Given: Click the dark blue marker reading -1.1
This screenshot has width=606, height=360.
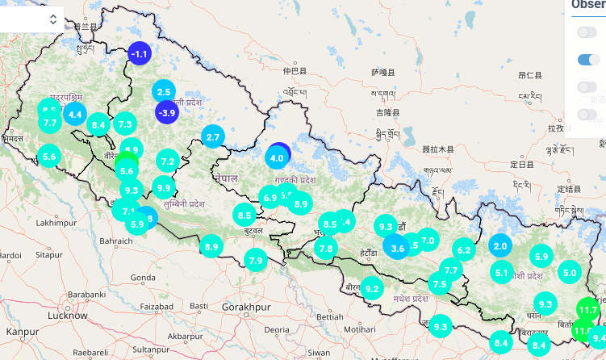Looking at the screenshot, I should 140,54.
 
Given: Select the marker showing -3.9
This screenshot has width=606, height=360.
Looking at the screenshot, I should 167,113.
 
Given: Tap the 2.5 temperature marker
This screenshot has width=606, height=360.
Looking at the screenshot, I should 164,92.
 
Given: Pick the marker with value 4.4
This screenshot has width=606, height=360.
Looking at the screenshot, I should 76,114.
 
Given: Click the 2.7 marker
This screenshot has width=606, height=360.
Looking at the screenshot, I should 213,137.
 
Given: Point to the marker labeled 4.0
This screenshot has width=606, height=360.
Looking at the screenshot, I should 278,157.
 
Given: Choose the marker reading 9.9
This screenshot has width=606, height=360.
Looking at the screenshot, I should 164,188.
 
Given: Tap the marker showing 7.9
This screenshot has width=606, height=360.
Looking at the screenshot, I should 256,260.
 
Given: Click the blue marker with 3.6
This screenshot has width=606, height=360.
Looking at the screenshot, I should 397,248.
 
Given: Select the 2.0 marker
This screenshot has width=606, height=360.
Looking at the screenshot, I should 499,246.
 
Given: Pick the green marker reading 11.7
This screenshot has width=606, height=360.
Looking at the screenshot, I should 587,310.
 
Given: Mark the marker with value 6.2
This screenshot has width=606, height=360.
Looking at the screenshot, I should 463,250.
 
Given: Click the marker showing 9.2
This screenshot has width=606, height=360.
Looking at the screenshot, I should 371,288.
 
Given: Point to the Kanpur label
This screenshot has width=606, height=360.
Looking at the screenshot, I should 21,331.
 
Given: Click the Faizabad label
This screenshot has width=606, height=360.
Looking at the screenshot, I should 157,307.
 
